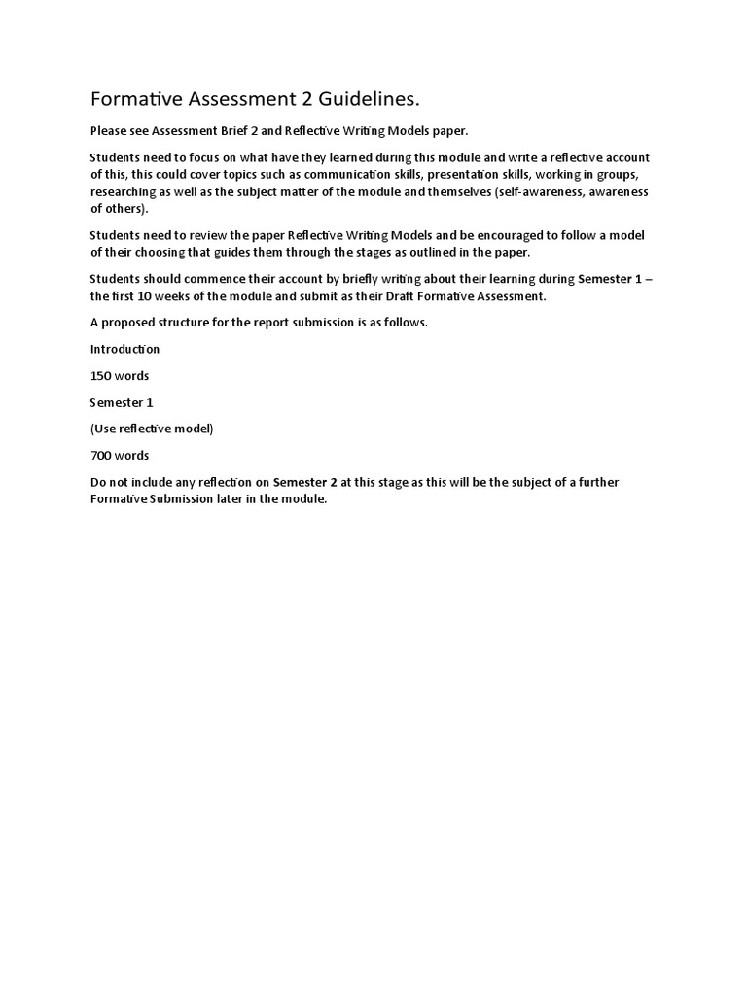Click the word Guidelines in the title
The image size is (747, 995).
click(x=373, y=100)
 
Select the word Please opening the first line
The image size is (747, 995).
click(x=109, y=130)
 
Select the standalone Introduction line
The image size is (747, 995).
click(x=125, y=349)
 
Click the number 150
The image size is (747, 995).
click(x=101, y=375)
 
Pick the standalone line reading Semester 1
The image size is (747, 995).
click(x=122, y=402)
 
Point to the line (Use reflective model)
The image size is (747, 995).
click(x=151, y=429)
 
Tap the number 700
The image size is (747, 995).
click(x=101, y=455)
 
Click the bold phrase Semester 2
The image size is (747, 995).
click(x=304, y=482)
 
